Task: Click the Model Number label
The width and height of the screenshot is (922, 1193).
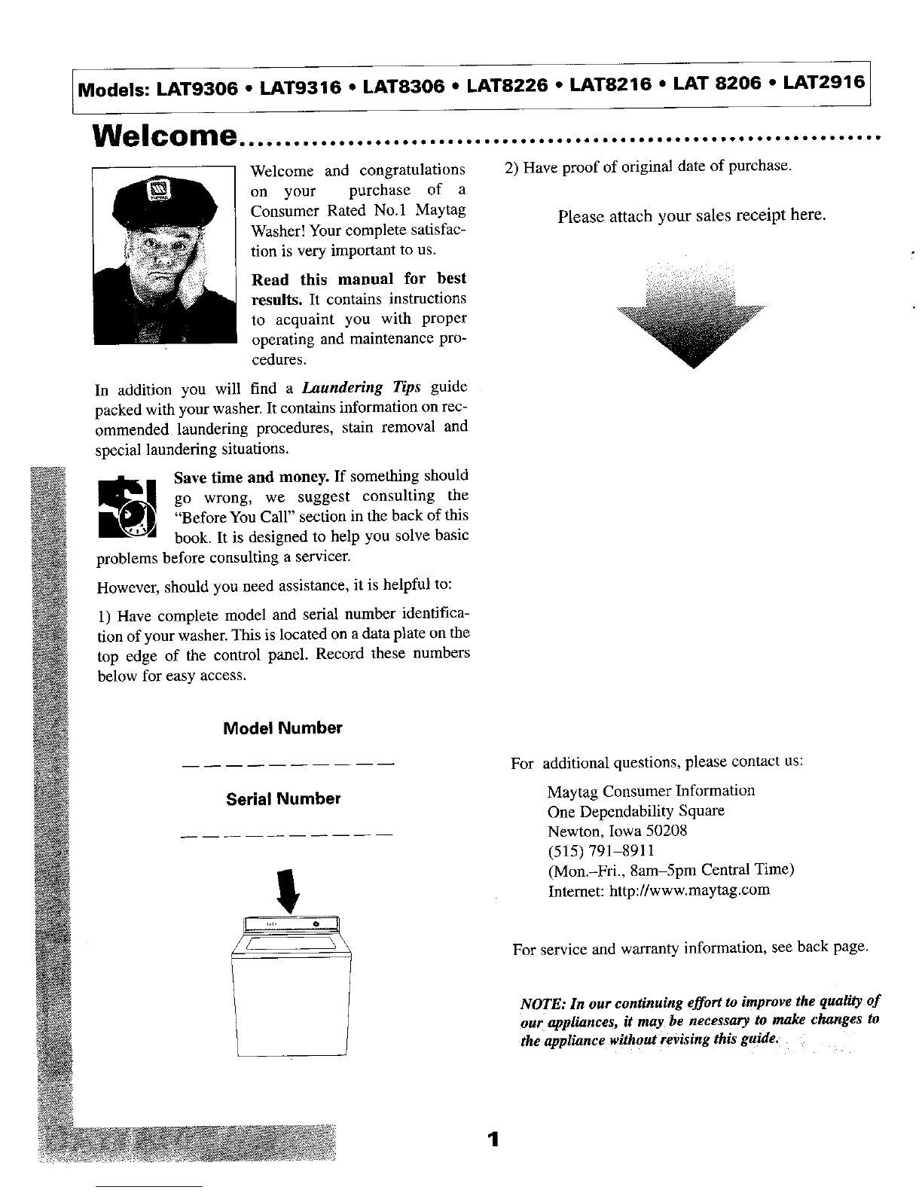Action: (x=282, y=728)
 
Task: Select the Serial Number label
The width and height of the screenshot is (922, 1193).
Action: (x=283, y=798)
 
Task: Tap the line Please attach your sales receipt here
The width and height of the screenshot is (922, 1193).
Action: (x=691, y=217)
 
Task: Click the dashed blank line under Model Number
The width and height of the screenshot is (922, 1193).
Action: (x=289, y=767)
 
